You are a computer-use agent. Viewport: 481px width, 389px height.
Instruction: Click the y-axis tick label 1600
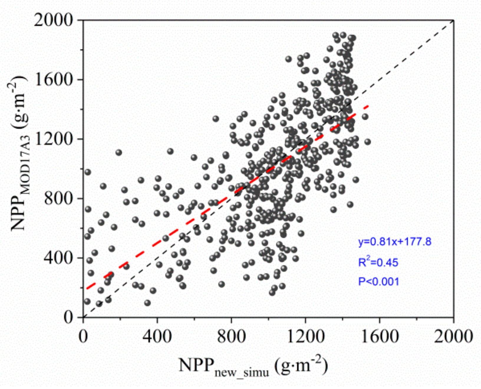(x=53, y=80)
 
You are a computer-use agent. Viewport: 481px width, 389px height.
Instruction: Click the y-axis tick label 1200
(x=53, y=139)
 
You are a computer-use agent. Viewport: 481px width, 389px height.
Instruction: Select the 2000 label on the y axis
(x=53, y=20)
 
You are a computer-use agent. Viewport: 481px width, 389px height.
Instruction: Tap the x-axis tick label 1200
(x=305, y=336)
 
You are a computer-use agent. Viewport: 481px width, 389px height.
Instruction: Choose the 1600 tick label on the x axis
(x=379, y=336)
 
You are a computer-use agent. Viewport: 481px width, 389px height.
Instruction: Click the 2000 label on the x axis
(x=453, y=336)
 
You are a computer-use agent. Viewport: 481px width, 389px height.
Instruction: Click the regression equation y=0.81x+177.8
(x=395, y=242)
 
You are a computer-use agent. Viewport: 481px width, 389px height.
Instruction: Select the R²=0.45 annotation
(x=378, y=262)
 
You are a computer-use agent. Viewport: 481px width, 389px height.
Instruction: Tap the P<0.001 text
(x=378, y=281)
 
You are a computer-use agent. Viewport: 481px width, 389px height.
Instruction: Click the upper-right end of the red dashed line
(x=368, y=106)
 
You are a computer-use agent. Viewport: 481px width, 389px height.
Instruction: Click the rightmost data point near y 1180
(x=367, y=142)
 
